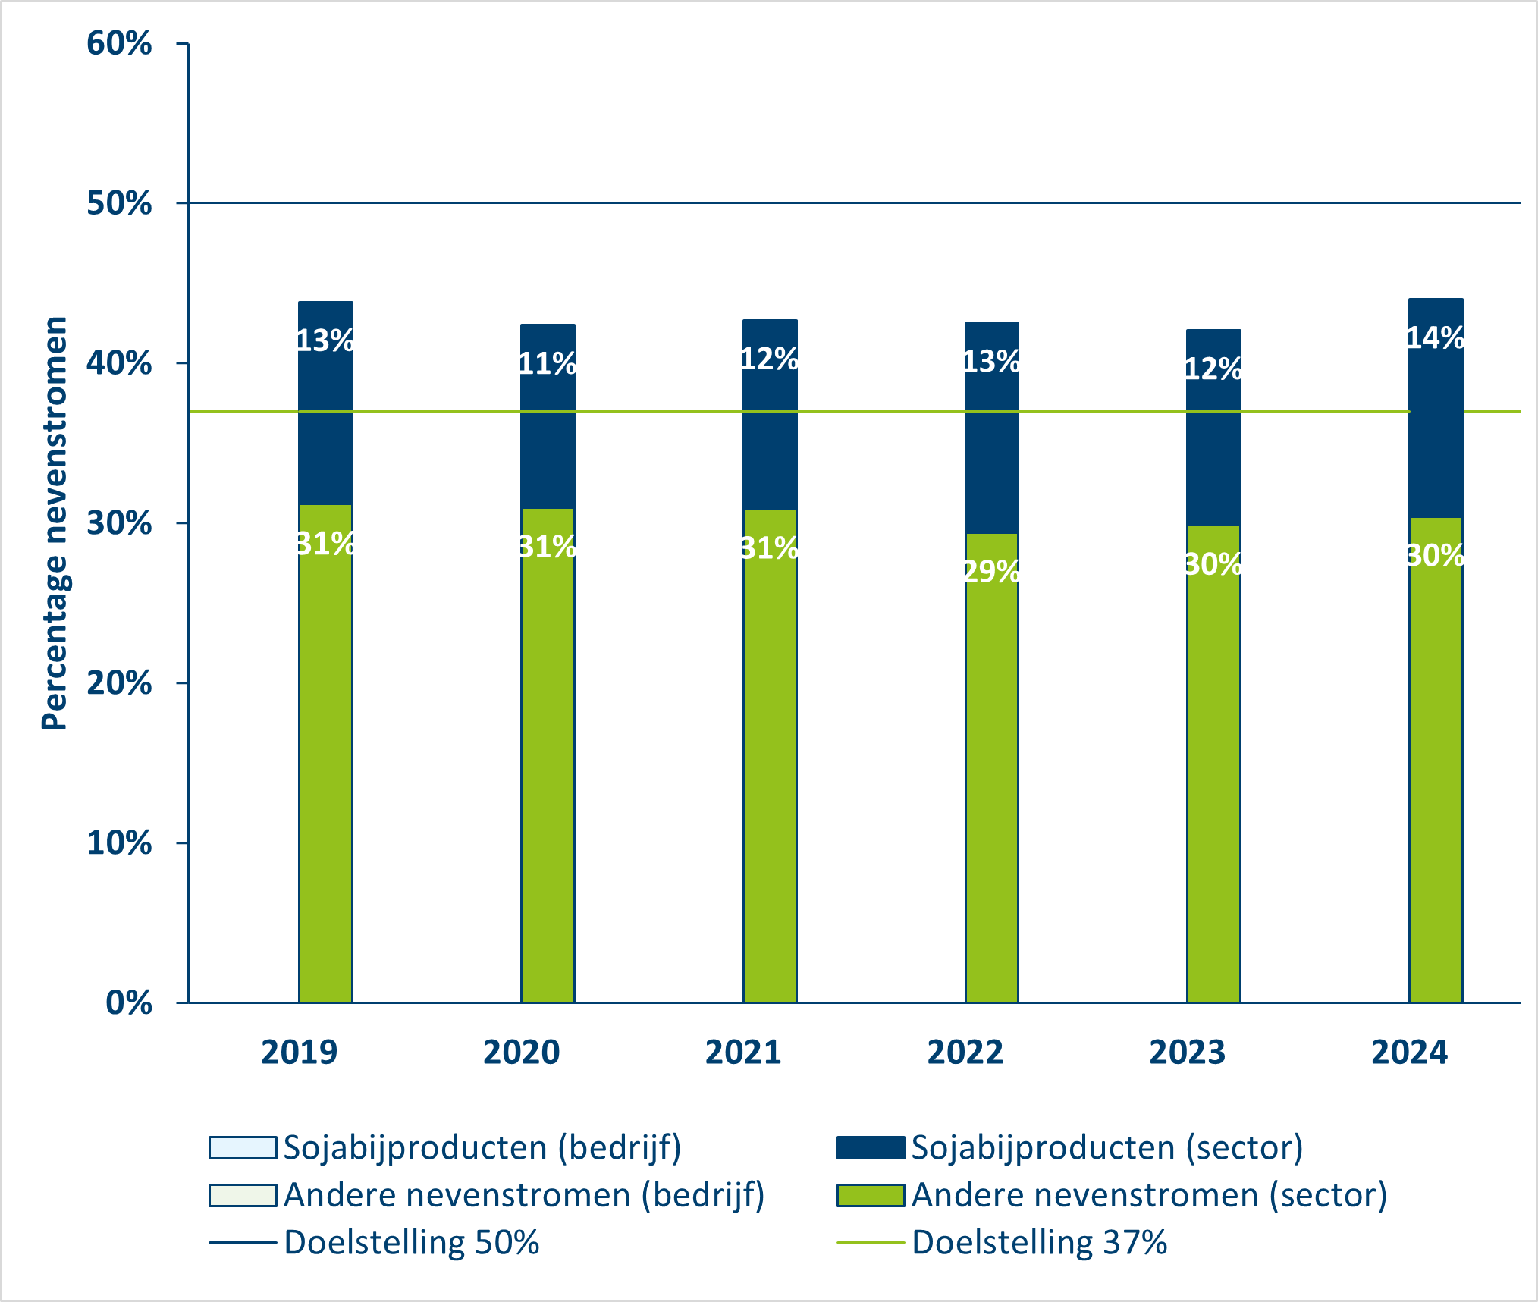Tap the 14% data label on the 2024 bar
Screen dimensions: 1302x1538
click(1436, 337)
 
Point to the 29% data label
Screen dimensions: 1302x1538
click(991, 571)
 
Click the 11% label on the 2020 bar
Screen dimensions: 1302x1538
click(547, 363)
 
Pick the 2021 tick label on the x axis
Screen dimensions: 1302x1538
click(743, 1053)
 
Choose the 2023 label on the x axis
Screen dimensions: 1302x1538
click(1187, 1053)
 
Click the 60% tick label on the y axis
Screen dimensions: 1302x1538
click(119, 43)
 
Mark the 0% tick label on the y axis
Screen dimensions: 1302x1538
click(129, 1002)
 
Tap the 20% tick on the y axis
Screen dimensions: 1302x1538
click(119, 683)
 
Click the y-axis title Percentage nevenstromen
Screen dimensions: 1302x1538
click(55, 523)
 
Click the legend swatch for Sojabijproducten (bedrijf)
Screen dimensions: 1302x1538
click(243, 1147)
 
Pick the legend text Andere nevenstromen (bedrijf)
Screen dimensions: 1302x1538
click(524, 1195)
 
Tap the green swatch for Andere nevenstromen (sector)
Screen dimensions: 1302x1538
click(871, 1195)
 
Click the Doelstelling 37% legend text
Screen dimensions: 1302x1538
click(1039, 1243)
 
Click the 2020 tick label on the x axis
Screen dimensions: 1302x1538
click(521, 1053)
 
